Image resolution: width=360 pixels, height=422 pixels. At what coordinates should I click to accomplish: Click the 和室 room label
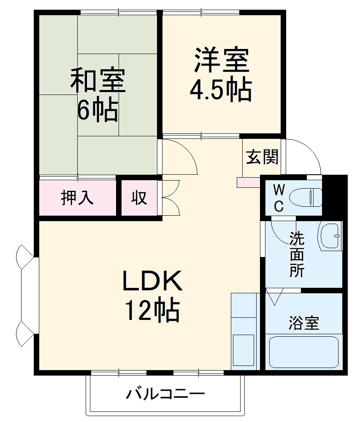coord(97,80)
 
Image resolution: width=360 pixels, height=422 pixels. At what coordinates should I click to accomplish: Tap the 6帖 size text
coord(97,110)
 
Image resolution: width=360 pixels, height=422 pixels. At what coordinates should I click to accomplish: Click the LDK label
coord(152,281)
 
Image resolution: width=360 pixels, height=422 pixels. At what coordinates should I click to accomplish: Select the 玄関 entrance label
coord(262,157)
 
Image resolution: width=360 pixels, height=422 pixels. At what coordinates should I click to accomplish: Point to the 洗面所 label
coord(297,255)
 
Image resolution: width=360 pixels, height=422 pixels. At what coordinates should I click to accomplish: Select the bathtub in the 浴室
coord(304,352)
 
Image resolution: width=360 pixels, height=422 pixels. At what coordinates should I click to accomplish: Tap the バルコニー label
coord(166,395)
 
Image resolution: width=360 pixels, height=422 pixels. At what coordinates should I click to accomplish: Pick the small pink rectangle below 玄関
coord(249,182)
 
